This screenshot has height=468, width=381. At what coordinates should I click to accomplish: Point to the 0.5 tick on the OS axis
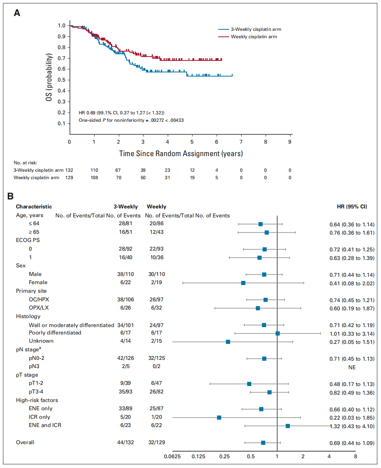(x=62, y=80)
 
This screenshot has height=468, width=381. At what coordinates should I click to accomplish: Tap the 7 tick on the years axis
(x=241, y=141)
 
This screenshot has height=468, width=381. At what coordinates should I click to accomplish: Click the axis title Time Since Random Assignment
(x=181, y=153)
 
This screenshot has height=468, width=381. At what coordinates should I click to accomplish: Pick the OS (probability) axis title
(x=49, y=77)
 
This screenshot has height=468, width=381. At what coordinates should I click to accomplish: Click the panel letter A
(x=17, y=13)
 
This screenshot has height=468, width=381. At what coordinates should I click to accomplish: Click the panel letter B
(x=17, y=196)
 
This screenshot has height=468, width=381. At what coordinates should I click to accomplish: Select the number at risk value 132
(x=69, y=170)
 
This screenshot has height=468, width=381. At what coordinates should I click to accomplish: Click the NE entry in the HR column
(x=352, y=367)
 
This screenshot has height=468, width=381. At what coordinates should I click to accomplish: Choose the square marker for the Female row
(x=243, y=283)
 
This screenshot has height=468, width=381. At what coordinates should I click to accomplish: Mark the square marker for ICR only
(x=219, y=417)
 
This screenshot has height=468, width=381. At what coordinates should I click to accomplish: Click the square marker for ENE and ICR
(x=288, y=425)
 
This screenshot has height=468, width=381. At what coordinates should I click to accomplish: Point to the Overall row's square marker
(x=263, y=443)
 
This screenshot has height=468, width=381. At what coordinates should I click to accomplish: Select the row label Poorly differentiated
(x=55, y=333)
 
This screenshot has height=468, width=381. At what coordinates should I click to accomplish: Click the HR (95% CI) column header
(x=351, y=207)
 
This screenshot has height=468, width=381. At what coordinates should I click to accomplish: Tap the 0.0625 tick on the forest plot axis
(x=172, y=456)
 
